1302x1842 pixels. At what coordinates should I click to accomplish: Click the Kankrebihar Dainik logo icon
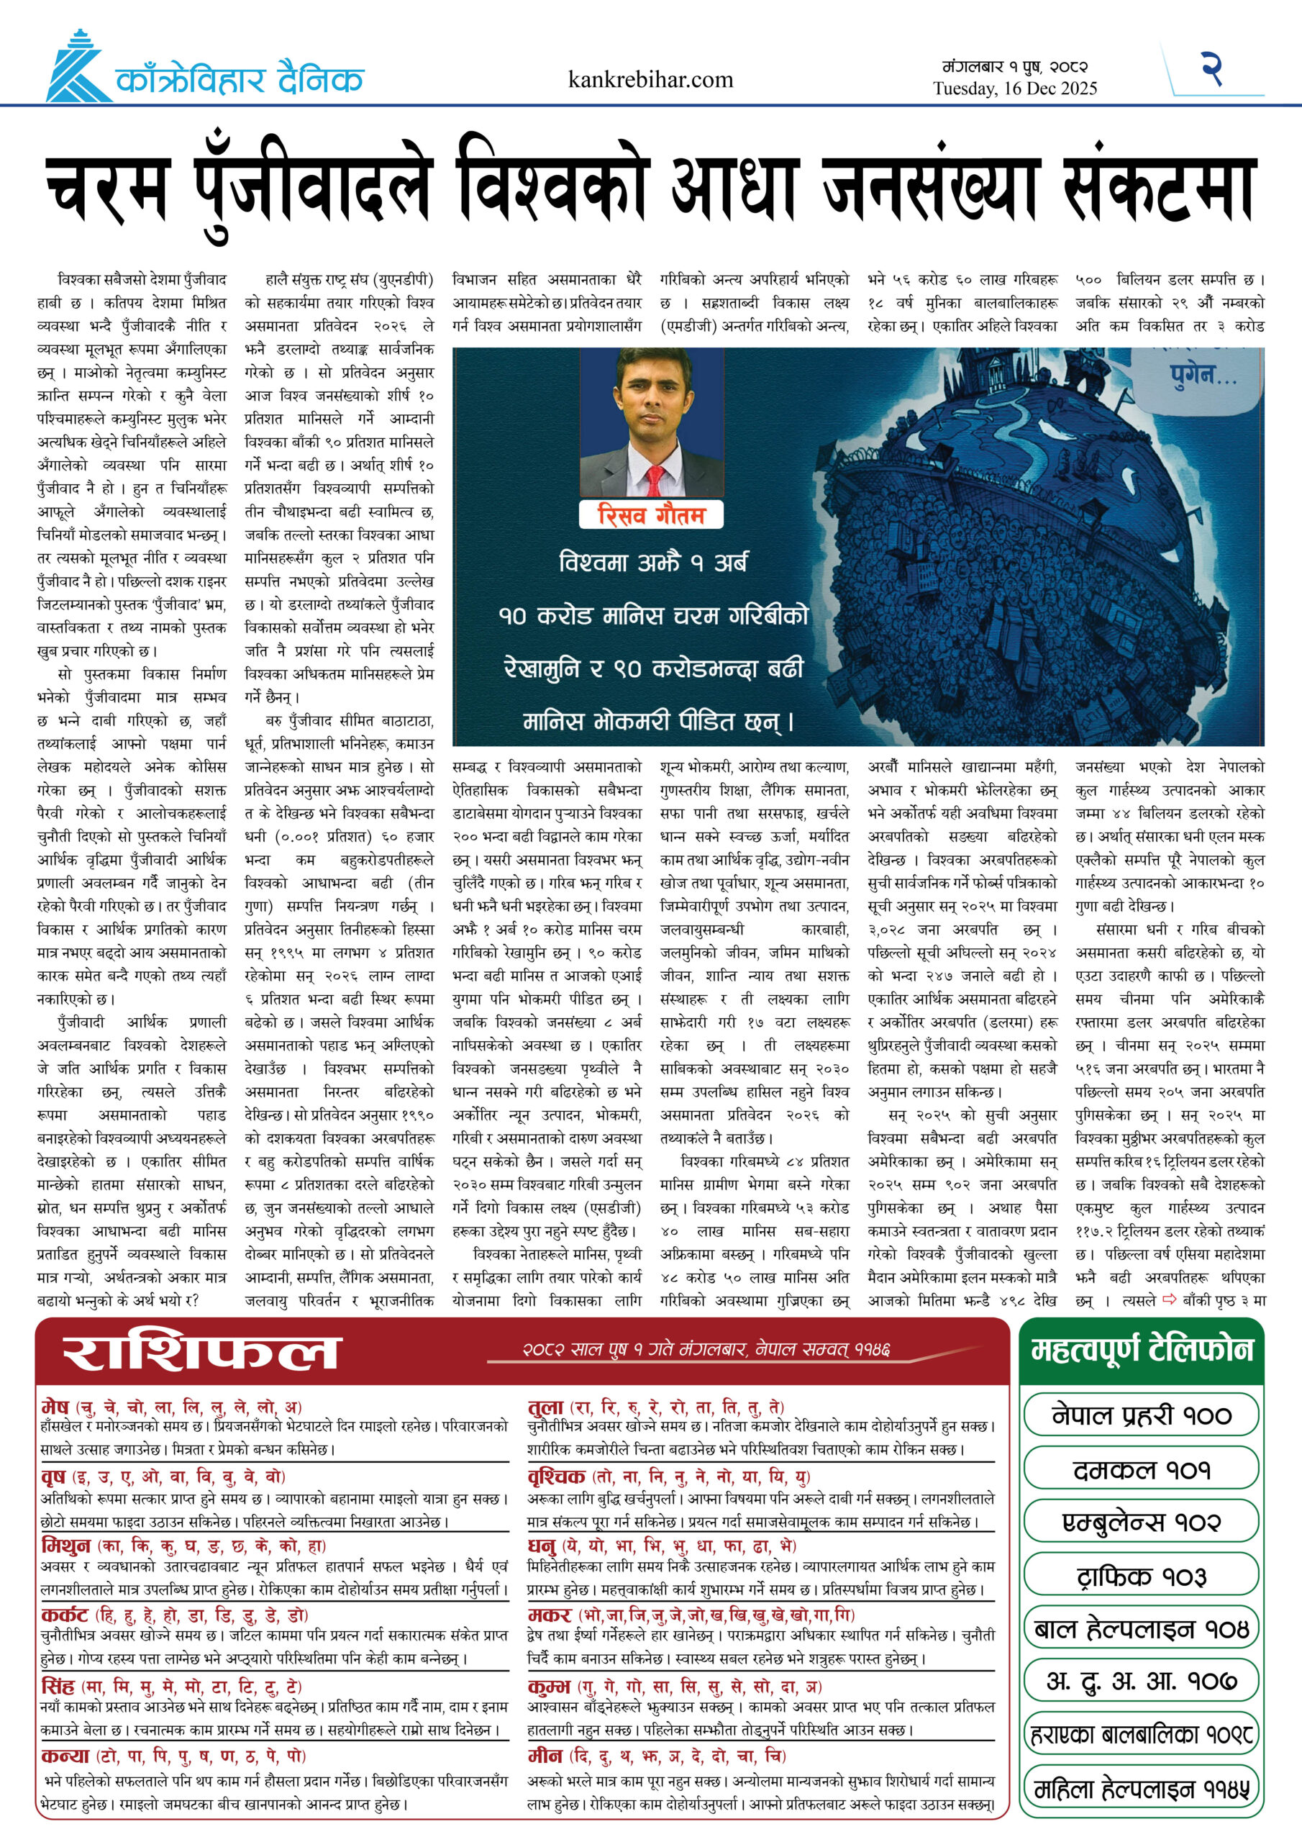point(77,68)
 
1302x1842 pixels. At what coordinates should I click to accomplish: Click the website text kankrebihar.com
point(650,79)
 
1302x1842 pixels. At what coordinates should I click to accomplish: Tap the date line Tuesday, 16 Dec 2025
point(1015,89)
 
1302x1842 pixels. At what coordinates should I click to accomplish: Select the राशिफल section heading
point(201,1353)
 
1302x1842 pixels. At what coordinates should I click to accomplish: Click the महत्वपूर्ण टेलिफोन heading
point(1142,1351)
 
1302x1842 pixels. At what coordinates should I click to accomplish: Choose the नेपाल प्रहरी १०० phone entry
point(1142,1415)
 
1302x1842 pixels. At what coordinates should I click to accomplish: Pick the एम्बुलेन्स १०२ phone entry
point(1142,1522)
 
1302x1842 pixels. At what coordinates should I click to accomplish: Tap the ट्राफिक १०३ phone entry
point(1142,1576)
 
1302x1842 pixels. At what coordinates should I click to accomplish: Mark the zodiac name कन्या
point(65,1756)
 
